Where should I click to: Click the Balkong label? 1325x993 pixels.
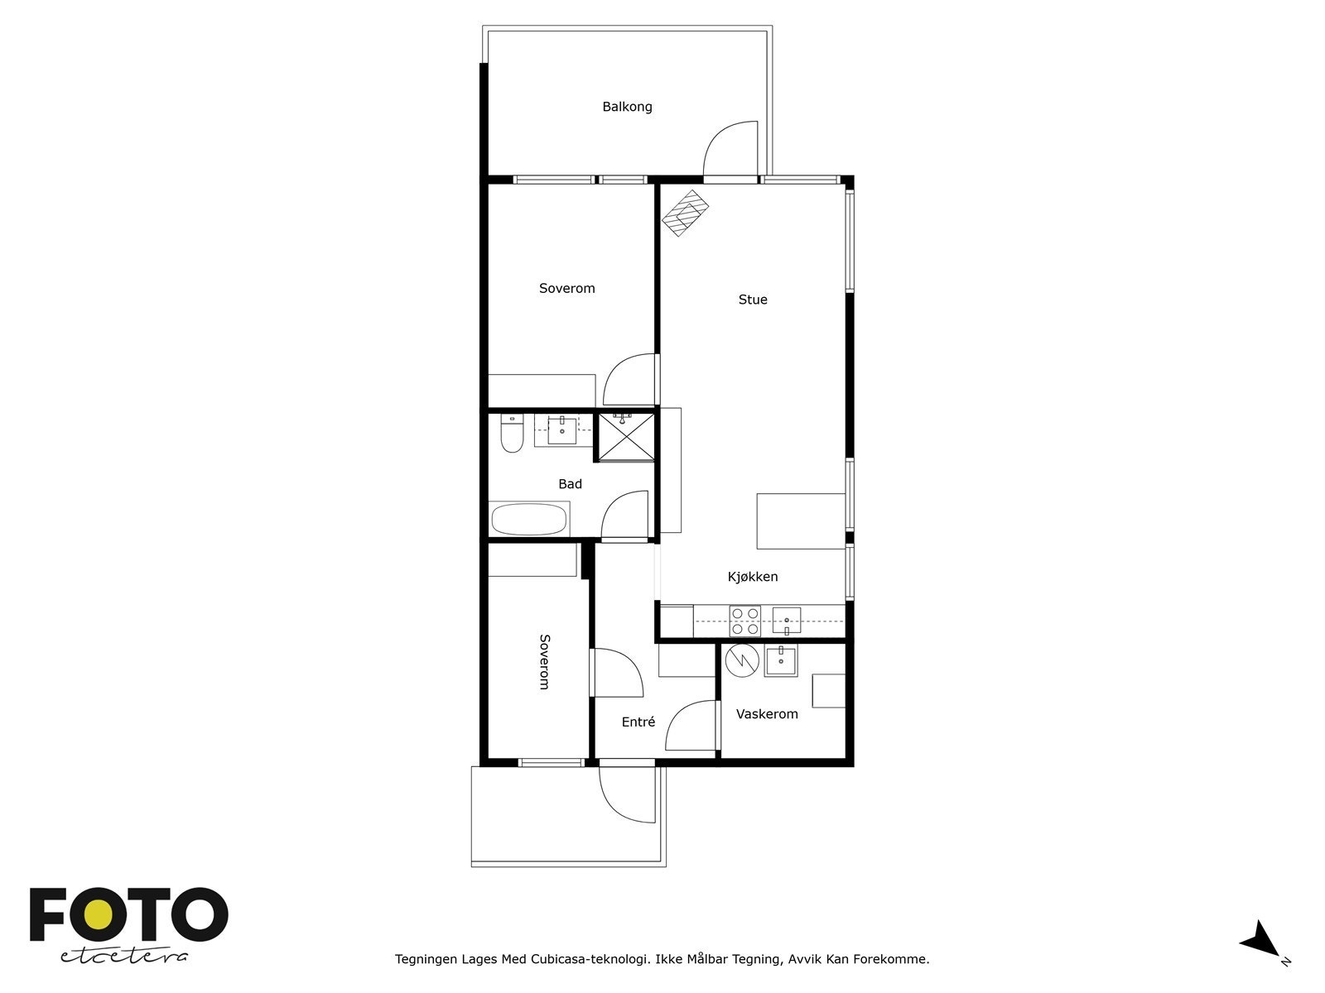[627, 107]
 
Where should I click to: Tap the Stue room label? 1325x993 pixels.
[753, 300]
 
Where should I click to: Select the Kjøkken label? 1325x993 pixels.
[753, 577]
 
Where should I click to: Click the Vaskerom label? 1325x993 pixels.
[767, 714]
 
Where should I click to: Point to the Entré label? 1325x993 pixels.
[638, 722]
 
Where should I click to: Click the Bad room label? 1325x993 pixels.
[570, 484]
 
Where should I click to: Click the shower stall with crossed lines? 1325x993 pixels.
[625, 435]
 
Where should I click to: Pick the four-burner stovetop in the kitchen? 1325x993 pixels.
[744, 621]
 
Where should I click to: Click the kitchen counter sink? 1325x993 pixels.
[786, 620]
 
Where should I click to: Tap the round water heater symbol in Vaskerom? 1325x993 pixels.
[741, 660]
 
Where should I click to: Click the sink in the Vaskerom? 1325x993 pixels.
[780, 661]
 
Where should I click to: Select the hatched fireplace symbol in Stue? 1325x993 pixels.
[687, 213]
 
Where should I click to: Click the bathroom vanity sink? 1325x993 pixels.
[562, 430]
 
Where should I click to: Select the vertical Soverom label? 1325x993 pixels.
[544, 661]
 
